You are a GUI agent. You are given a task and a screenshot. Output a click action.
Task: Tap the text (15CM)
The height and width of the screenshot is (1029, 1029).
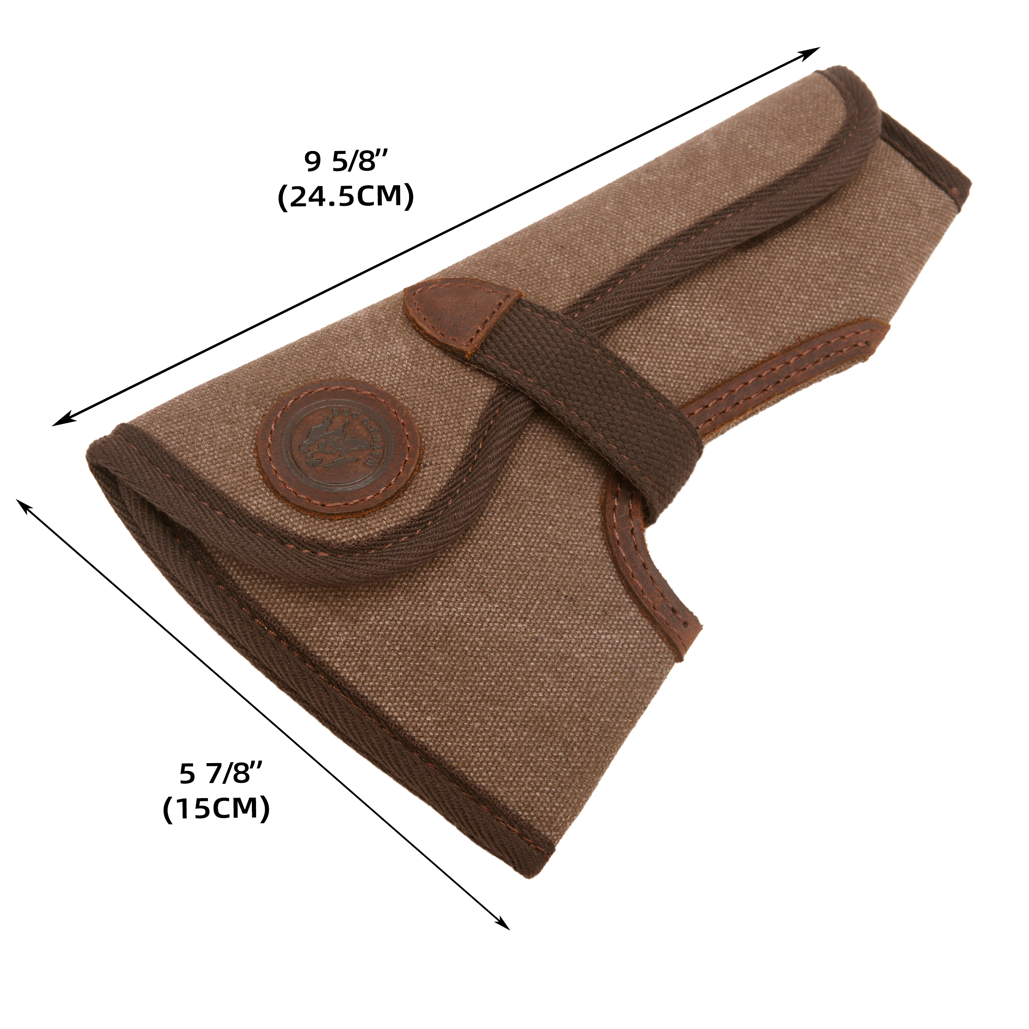[216, 810]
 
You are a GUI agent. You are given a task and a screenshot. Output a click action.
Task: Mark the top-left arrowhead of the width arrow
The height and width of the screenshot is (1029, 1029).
[21, 503]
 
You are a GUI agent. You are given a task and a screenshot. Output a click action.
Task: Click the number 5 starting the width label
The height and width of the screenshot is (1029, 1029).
[186, 774]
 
